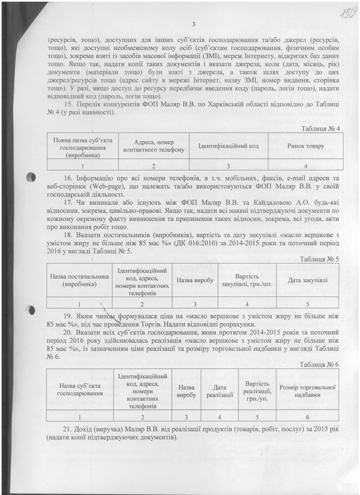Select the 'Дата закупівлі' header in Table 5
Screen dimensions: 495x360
[307, 280]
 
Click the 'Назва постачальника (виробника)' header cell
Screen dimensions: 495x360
[79, 280]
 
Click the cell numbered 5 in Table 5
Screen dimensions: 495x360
[307, 304]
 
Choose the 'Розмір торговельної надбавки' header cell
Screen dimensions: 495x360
[307, 391]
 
